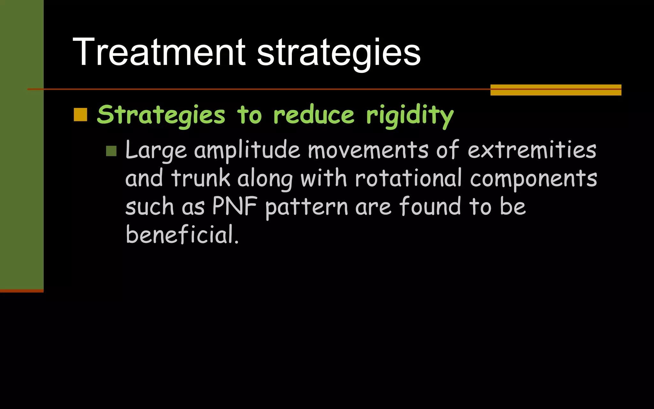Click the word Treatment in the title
(159, 52)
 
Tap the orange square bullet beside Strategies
(80, 115)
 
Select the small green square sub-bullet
(111, 151)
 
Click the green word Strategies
(161, 115)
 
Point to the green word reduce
(314, 115)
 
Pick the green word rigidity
(410, 116)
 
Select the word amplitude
(247, 150)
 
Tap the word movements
(368, 150)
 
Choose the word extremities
(532, 150)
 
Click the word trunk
(201, 178)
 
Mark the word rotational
(408, 178)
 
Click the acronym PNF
(235, 206)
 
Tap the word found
(430, 206)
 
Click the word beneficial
(182, 235)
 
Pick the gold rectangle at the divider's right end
(556, 90)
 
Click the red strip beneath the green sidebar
(22, 291)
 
